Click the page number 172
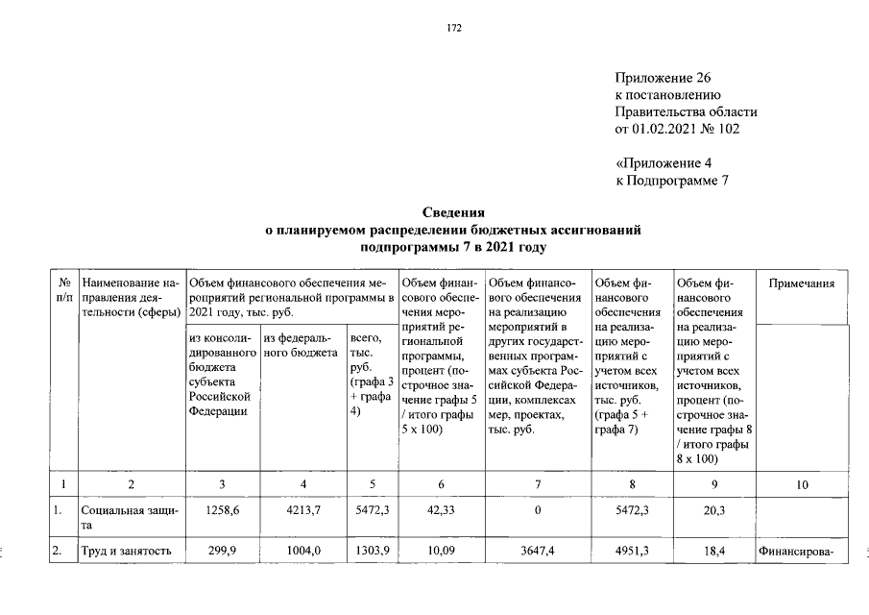pyautogui.click(x=454, y=28)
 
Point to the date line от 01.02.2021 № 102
pyautogui.click(x=678, y=128)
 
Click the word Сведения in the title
pyautogui.click(x=453, y=212)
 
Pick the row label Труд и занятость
pyautogui.click(x=127, y=552)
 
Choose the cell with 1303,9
pyautogui.click(x=371, y=552)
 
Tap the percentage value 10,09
pyautogui.click(x=438, y=552)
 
